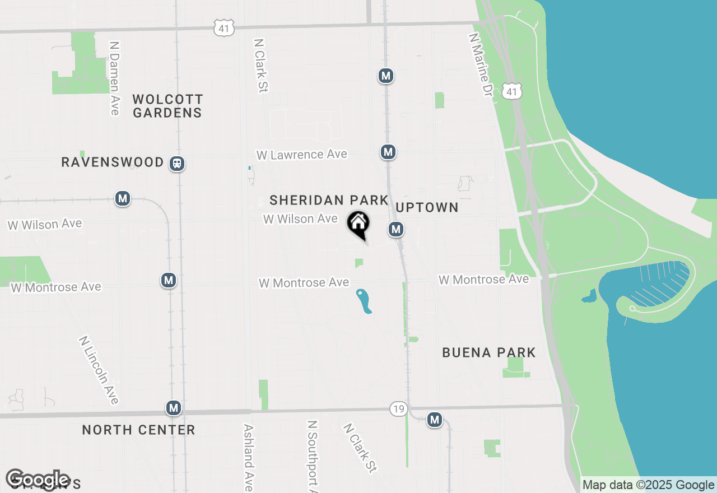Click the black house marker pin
coord(358,224)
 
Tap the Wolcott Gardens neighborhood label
coord(167,106)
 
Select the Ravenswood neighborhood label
coord(113,162)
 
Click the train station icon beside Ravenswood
coord(178,164)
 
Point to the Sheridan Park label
coord(329,200)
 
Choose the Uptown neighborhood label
coord(427,208)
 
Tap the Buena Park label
coord(489,352)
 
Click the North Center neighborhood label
coord(138,430)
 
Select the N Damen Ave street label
coord(115,78)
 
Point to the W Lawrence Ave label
coord(302,154)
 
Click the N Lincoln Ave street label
coord(99,370)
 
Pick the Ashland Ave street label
coord(248,457)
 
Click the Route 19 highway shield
coord(398,409)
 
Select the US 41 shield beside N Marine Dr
coord(513,91)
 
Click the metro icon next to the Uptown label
coord(396,229)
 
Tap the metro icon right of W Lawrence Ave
coord(388,152)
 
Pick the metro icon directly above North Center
coord(174,408)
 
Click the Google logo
coord(38,480)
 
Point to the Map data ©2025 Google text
coord(648,485)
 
